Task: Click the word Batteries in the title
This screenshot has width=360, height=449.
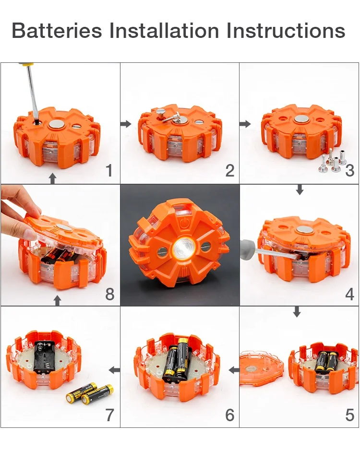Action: [x=57, y=31]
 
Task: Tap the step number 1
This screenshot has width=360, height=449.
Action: [x=109, y=170]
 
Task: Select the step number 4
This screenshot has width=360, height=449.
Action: [x=350, y=294]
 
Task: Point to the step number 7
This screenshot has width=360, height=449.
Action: [x=110, y=415]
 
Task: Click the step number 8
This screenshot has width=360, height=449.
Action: [x=110, y=294]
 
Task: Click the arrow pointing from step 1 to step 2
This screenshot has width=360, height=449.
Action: [x=125, y=124]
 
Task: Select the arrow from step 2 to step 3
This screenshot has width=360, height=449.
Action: [x=245, y=124]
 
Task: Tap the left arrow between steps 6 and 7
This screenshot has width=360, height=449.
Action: [x=114, y=370]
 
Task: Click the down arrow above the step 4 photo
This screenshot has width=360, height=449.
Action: [x=300, y=190]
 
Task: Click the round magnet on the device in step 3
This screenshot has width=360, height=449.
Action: [x=301, y=118]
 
